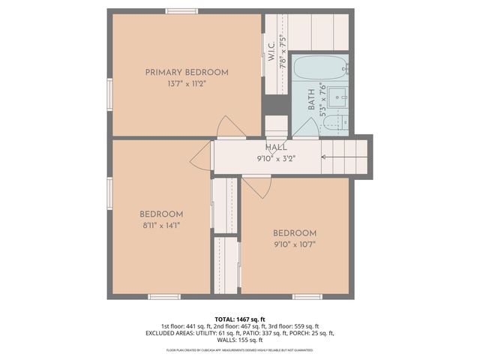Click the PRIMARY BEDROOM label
point(186,72)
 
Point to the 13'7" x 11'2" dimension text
point(186,83)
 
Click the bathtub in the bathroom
point(319,69)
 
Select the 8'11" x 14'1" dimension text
point(161,224)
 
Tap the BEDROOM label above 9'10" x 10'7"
point(294,232)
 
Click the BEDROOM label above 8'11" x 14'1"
point(161,214)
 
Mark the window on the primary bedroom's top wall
point(181,10)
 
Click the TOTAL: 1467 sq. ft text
point(240,319)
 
